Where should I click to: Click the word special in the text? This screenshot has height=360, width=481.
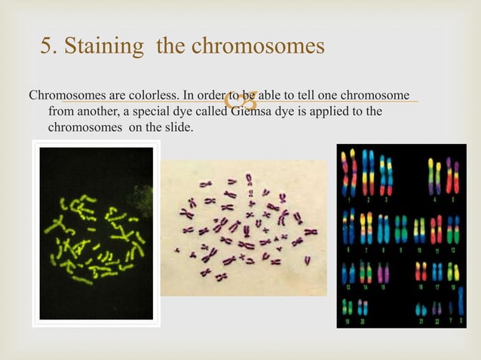(159, 112)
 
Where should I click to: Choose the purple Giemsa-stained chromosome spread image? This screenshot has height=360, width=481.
(244, 227)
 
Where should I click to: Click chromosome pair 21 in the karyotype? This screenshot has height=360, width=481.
(419, 310)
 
